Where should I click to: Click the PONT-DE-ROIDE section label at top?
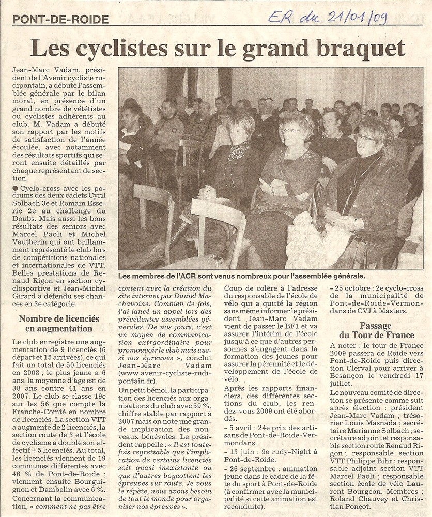tap(60, 20)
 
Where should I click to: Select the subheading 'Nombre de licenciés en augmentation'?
tap(59, 323)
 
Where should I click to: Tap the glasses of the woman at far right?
tap(365, 137)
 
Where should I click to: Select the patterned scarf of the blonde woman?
tap(238, 151)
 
